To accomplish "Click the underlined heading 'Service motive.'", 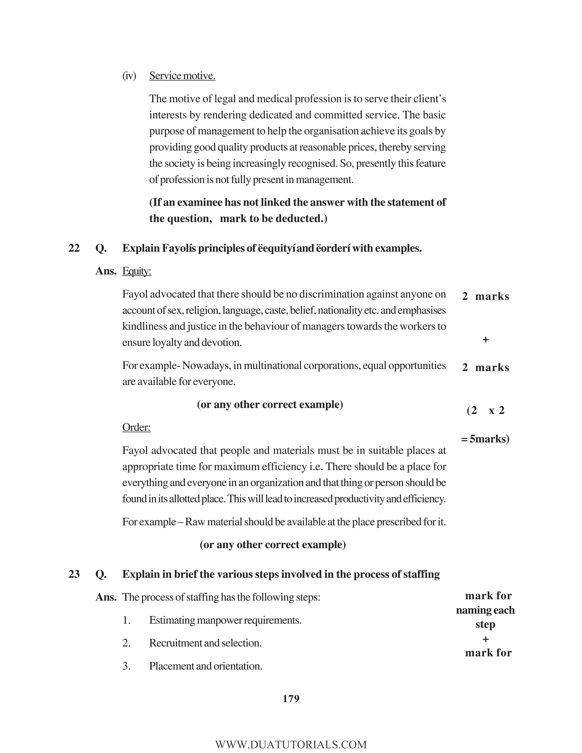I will [x=182, y=76].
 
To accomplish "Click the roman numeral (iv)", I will [x=129, y=76].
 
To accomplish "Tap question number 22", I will [x=74, y=248].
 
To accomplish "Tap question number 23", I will [x=74, y=574].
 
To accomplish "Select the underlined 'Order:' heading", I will [x=136, y=428].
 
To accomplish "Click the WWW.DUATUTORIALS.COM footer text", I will [x=291, y=745].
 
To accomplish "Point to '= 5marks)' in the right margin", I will [x=485, y=439].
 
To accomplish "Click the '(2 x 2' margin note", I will [x=485, y=411].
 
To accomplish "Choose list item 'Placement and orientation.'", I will [x=205, y=666].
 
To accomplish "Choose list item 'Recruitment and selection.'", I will [x=205, y=643].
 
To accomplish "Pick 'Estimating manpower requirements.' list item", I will [x=225, y=620].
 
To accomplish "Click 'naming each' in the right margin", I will [x=485, y=610].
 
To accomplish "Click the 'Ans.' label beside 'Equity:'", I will [x=106, y=271].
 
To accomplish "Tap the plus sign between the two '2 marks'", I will [x=485, y=340].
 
